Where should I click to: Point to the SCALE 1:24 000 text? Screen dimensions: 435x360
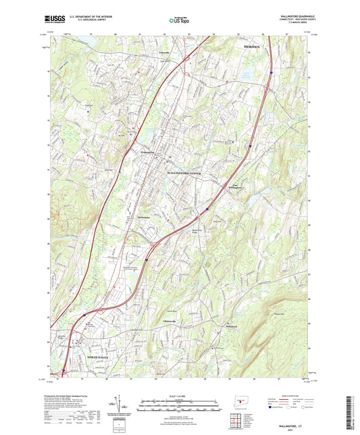tap(180, 395)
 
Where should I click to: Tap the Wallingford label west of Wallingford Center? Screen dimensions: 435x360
tap(149, 153)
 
